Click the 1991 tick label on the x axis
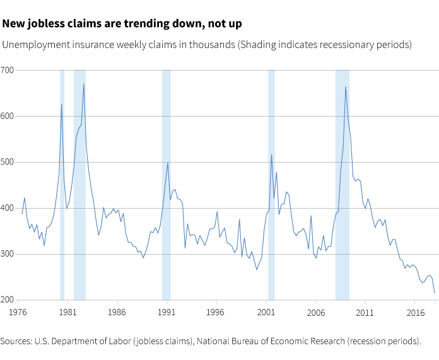166,312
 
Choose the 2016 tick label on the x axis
415,312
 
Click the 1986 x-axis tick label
116,312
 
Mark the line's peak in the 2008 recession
346,86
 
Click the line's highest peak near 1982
83,84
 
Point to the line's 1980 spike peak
61,104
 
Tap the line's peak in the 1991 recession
167,163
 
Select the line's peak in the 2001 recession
271,154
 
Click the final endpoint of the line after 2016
435,293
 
